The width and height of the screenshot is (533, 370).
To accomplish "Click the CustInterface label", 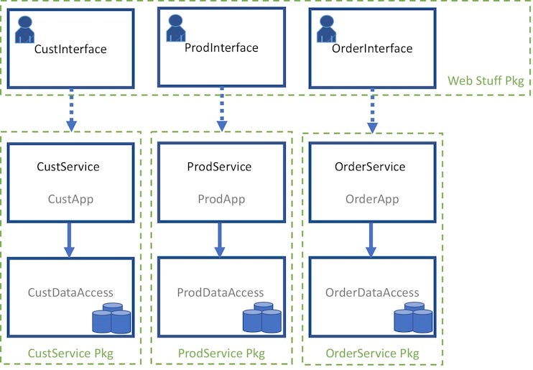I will pyautogui.click(x=70, y=50).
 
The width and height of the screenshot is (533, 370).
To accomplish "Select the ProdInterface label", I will pyautogui.click(x=221, y=48).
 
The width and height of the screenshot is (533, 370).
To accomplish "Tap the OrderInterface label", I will pyautogui.click(x=372, y=49).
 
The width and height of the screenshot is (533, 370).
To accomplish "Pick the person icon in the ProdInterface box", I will pyautogui.click(x=176, y=28).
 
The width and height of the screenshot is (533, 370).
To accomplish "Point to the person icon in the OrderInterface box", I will pyautogui.click(x=327, y=29).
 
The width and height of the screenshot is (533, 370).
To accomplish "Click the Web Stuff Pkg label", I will pyautogui.click(x=485, y=80).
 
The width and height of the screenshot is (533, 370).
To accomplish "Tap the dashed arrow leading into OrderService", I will pyautogui.click(x=372, y=111).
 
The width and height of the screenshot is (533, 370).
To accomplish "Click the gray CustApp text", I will pyautogui.click(x=70, y=199).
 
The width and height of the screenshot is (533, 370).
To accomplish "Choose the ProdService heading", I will pyautogui.click(x=219, y=167).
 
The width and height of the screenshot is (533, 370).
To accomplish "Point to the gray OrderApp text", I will pyautogui.click(x=372, y=199).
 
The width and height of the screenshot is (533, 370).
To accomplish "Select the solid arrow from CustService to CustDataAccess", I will pyautogui.click(x=70, y=239).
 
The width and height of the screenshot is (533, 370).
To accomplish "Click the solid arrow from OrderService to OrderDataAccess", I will pyautogui.click(x=371, y=239).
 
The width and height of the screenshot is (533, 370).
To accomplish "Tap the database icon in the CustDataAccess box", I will pyautogui.click(x=111, y=318).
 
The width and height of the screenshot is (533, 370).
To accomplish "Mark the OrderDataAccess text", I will pyautogui.click(x=372, y=292).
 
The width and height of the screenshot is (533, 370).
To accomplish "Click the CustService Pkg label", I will pyautogui.click(x=70, y=353).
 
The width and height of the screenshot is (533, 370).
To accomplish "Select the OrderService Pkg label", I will pyautogui.click(x=372, y=353).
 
